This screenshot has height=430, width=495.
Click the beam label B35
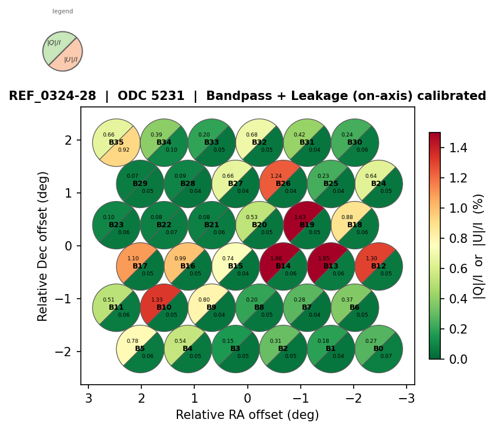click(116, 142)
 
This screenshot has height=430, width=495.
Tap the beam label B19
click(307, 225)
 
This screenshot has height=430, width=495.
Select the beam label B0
click(379, 349)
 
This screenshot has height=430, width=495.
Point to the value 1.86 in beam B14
click(276, 258)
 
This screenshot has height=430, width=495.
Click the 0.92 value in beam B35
click(124, 150)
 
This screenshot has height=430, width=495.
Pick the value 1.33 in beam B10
click(156, 299)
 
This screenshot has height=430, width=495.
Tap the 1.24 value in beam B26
click(276, 175)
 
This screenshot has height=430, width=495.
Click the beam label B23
click(116, 225)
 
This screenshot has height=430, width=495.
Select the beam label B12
click(379, 266)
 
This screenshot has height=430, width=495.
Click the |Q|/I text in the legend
click(54, 43)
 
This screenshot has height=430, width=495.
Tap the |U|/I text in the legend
click(70, 59)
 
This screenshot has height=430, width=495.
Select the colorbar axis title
click(479, 246)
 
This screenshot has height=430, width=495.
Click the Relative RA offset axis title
click(247, 415)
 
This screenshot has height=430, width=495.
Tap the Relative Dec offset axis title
click(42, 246)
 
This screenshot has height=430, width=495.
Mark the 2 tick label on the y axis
click(68, 140)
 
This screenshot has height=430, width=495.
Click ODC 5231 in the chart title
click(151, 96)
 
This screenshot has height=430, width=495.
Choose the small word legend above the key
click(63, 12)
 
